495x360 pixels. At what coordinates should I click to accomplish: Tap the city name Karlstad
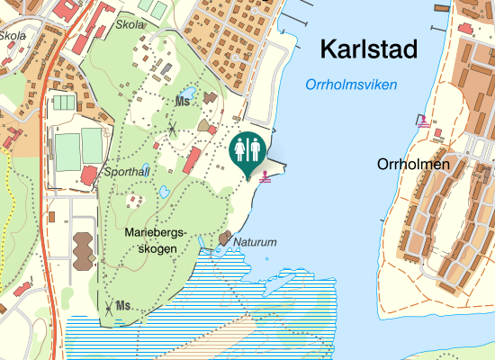369,49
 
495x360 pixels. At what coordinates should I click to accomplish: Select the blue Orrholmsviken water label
351,85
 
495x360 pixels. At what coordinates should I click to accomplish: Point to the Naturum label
255,243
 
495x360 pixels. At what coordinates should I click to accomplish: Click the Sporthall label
127,170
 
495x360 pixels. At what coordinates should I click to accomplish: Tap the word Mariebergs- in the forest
157,232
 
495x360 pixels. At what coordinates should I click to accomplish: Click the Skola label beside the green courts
130,25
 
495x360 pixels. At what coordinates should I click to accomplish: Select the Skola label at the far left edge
13,36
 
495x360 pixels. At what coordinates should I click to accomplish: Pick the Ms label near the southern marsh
123,306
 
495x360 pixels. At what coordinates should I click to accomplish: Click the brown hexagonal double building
84,249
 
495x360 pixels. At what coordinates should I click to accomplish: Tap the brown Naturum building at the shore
224,238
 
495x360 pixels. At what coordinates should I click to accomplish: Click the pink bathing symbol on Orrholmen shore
422,121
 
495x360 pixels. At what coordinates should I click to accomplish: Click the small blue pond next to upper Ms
187,92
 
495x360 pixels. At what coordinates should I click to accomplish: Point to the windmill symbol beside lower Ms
108,309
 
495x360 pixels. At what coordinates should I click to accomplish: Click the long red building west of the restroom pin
192,162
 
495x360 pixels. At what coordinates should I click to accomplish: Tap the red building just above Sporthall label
87,174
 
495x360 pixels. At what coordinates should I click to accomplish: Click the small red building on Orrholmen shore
438,134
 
